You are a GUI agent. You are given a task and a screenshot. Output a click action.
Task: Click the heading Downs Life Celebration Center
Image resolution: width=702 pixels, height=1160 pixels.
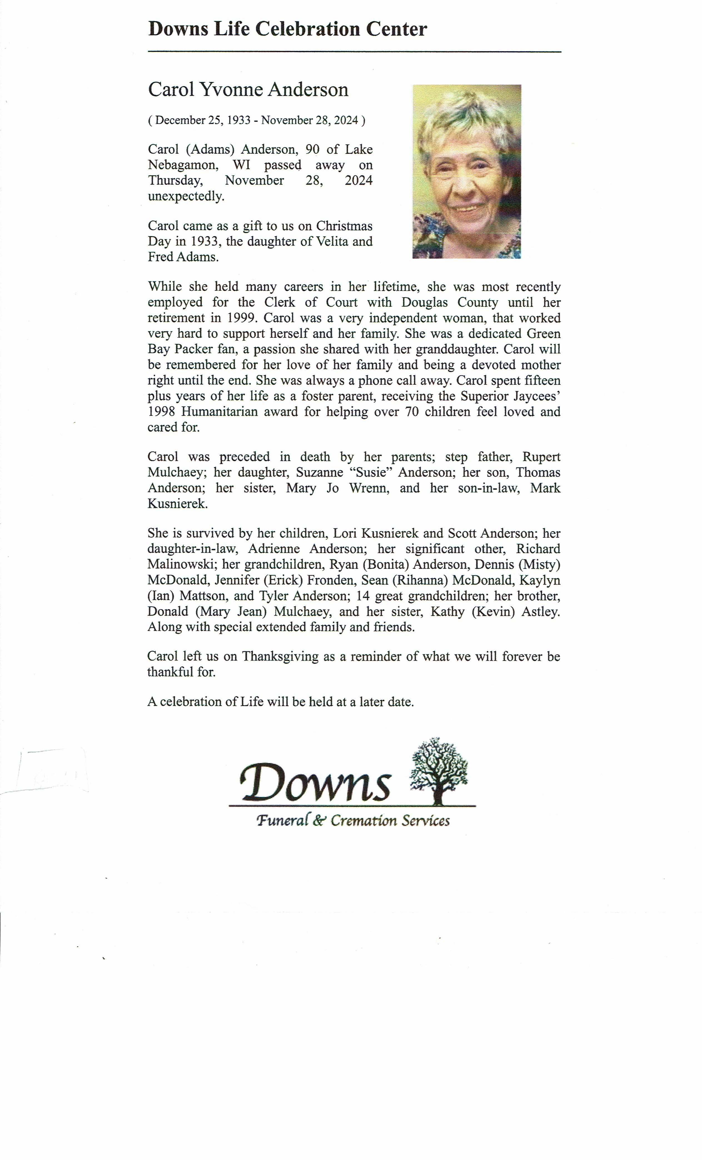pos(287,29)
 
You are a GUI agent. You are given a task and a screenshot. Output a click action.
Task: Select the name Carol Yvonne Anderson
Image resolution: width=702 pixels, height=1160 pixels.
pos(248,89)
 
